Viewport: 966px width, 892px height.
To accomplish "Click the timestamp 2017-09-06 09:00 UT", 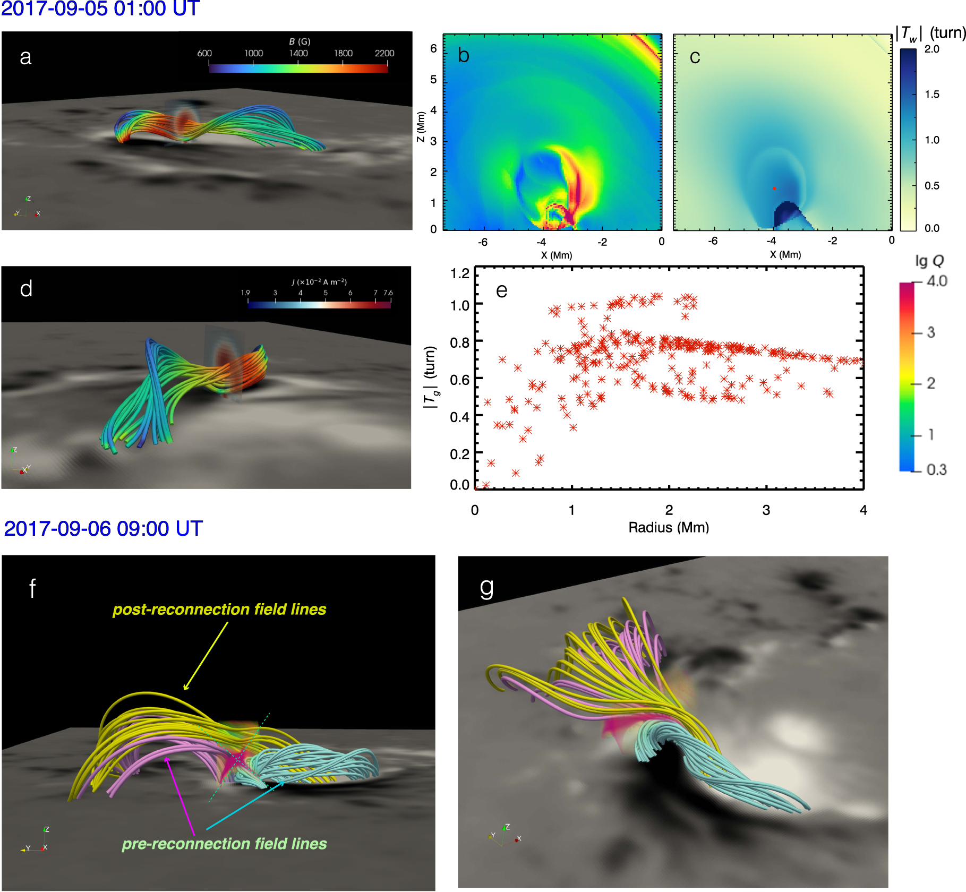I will pyautogui.click(x=103, y=528).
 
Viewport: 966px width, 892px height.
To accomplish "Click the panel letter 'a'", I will pyautogui.click(x=25, y=57).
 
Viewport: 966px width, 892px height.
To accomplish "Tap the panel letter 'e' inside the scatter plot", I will pyautogui.click(x=501, y=290).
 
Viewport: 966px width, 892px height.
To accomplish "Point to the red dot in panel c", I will pyautogui.click(x=774, y=188).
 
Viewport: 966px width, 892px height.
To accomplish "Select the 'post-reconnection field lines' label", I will pyautogui.click(x=219, y=609).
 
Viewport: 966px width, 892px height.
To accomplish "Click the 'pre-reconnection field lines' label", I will pyautogui.click(x=224, y=844).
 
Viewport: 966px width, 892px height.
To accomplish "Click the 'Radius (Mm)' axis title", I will pyautogui.click(x=669, y=527).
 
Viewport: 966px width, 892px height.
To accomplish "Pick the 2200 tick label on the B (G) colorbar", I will pyautogui.click(x=384, y=53).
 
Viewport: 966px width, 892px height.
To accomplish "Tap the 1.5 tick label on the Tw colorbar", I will pyautogui.click(x=931, y=95).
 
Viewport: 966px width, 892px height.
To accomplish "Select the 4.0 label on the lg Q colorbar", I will pyautogui.click(x=937, y=281).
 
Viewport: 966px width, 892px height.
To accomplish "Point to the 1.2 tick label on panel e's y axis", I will pyautogui.click(x=460, y=273).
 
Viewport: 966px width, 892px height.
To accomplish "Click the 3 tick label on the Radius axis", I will pyautogui.click(x=766, y=510).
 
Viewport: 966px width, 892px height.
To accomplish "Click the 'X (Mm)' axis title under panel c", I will pyautogui.click(x=785, y=255).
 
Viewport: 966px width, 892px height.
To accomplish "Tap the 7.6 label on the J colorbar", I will pyautogui.click(x=388, y=293).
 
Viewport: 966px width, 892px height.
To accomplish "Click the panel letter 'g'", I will pyautogui.click(x=486, y=588).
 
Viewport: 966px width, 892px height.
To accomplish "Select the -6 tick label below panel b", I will pyautogui.click(x=483, y=242).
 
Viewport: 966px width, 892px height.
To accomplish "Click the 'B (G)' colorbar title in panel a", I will pyautogui.click(x=300, y=41).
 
